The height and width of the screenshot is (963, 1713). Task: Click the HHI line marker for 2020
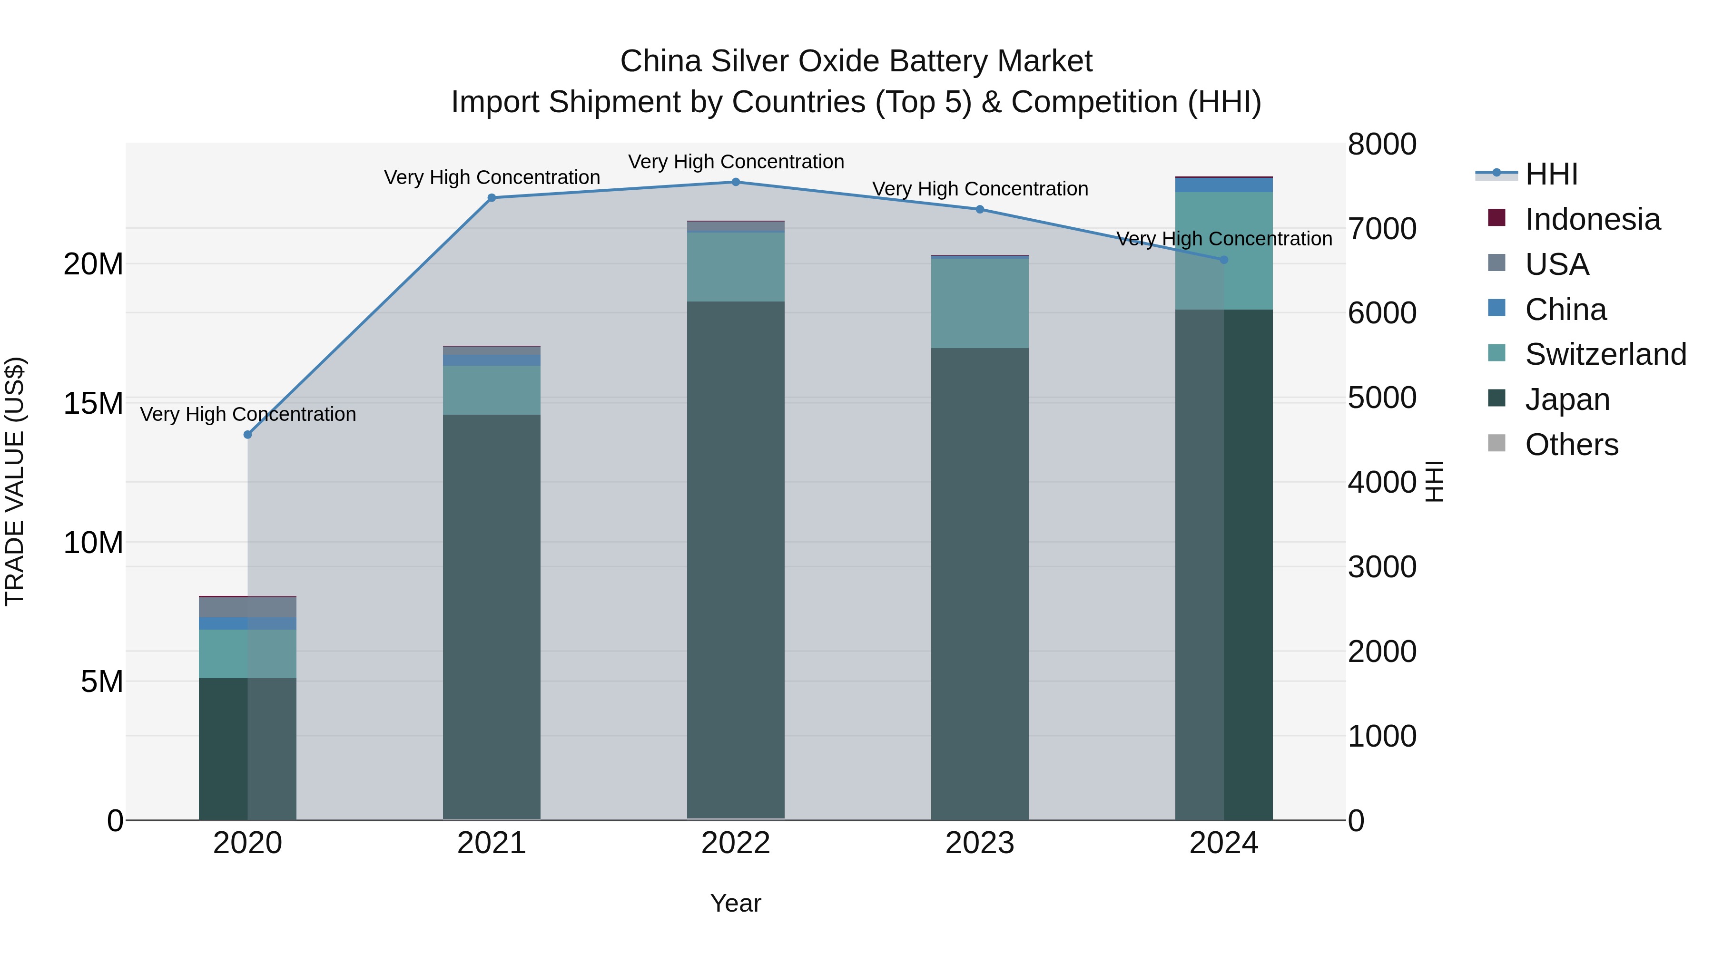(247, 435)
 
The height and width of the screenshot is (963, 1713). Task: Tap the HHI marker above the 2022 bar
(736, 182)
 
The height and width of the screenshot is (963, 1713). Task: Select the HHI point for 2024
(1223, 260)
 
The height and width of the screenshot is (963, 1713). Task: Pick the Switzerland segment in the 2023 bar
(980, 303)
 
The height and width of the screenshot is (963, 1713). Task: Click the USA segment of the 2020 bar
(247, 607)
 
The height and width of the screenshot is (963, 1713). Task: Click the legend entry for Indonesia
(1592, 219)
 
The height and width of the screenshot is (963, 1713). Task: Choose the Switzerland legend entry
(1605, 354)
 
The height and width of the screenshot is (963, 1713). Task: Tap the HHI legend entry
(1551, 174)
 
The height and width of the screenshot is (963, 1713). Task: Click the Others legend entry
(1571, 445)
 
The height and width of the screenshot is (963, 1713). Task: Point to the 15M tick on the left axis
(93, 403)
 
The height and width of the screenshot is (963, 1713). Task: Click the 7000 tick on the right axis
(1382, 229)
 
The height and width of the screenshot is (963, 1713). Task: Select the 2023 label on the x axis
(980, 843)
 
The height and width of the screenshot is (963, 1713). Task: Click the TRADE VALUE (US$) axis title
(15, 481)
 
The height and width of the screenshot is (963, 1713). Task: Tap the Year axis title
(736, 903)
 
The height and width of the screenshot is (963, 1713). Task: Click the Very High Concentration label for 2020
(247, 414)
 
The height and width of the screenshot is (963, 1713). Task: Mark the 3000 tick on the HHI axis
(1382, 567)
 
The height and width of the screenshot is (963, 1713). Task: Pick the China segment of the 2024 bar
(1223, 185)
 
